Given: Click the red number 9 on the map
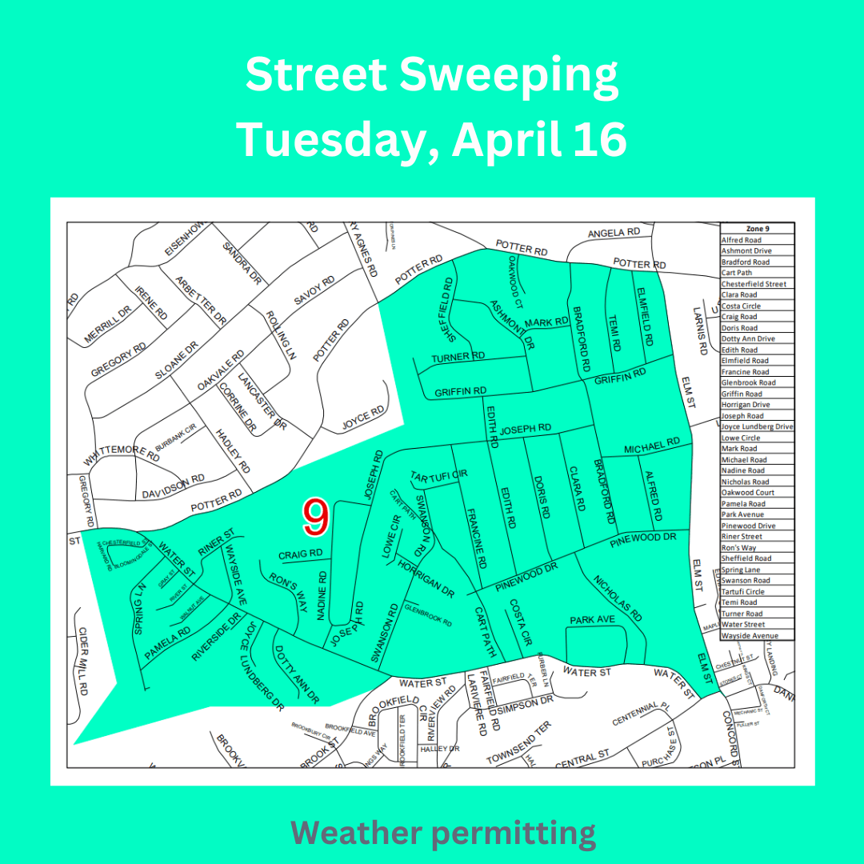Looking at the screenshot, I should pos(316,518).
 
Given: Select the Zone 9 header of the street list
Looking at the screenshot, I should pos(757,229).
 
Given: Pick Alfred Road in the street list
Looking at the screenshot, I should pos(742,240).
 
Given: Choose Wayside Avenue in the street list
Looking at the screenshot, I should pos(749,635).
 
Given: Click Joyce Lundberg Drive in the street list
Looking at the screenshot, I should pos(757,427).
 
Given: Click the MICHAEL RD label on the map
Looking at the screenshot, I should pos(652,444).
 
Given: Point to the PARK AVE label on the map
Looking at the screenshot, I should pos(592,620).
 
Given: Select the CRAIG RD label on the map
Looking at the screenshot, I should pos(301,554).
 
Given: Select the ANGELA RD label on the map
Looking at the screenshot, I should pos(614,232).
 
